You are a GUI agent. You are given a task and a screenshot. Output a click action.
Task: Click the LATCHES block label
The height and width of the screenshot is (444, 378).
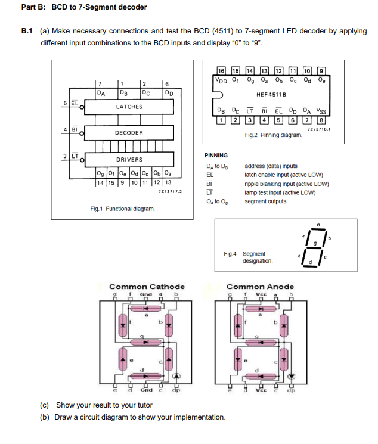tap(129, 107)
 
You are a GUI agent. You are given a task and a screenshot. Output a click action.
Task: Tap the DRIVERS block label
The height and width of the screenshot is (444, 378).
tap(129, 159)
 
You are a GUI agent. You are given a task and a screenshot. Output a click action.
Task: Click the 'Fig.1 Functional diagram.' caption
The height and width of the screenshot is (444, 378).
tap(122, 209)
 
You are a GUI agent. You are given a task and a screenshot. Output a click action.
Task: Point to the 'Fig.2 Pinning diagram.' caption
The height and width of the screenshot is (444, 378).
tap(274, 135)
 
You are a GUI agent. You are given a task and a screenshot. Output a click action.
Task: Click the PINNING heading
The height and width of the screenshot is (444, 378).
tap(216, 155)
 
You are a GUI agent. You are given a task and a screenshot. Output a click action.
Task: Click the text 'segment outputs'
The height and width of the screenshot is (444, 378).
tap(265, 201)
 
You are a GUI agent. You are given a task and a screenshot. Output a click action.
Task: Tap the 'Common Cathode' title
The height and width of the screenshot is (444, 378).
tap(147, 287)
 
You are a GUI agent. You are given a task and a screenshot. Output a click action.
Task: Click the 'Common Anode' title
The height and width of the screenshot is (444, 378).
tap(261, 287)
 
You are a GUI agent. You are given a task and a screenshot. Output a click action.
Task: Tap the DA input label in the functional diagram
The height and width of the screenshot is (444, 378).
tap(102, 92)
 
